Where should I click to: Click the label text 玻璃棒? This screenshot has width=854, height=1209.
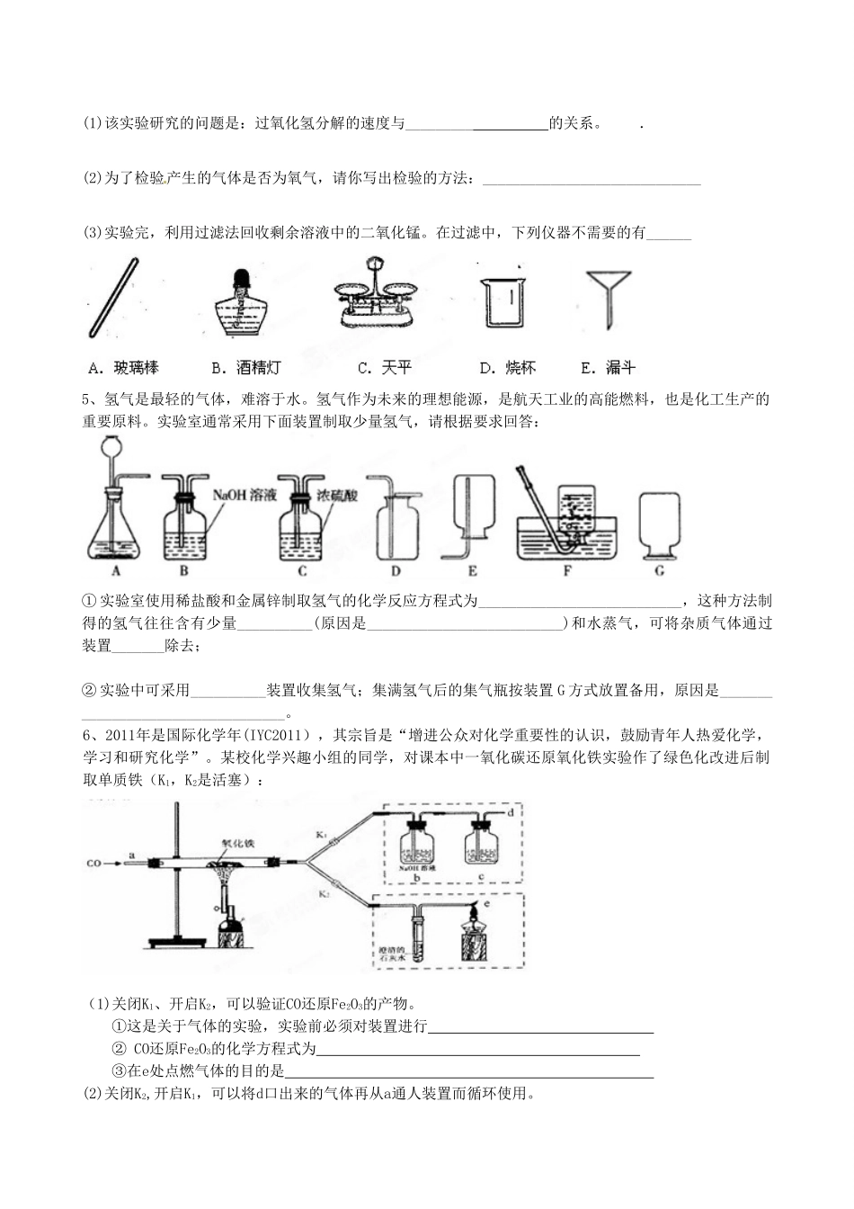point(136,368)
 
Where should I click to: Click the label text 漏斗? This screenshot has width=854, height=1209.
point(620,368)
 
